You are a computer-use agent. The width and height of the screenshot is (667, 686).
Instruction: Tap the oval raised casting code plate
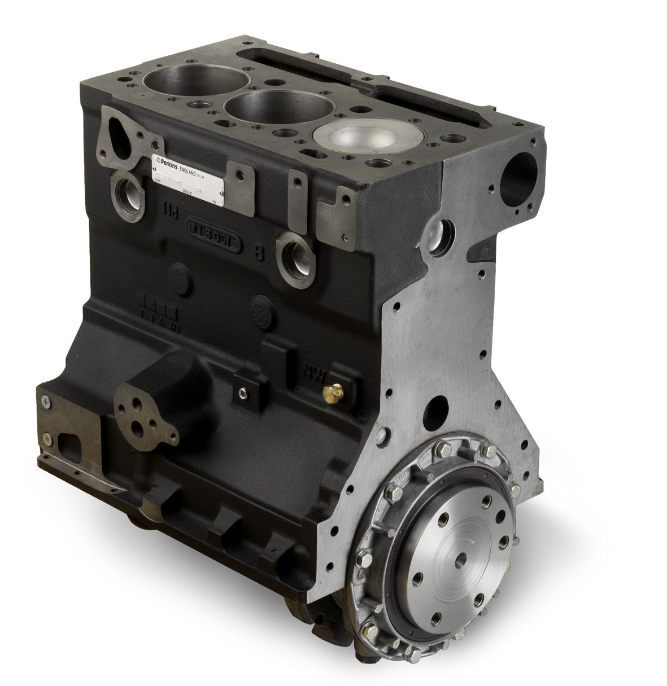coord(215,235)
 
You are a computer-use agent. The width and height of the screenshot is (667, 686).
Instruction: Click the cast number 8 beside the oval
coord(259,252)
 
